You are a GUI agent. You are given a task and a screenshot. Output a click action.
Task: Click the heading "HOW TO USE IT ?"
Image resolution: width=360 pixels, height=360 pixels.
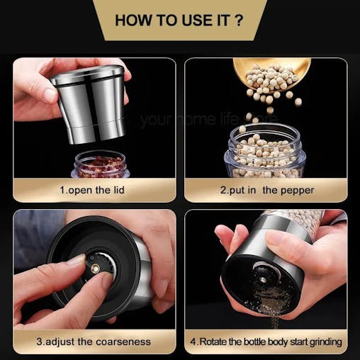tap(179, 19)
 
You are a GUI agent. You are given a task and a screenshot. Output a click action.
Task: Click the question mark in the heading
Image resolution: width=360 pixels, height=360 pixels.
tap(238, 19)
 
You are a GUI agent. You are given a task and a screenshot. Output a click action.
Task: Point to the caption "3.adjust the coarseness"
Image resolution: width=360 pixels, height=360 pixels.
tap(94, 342)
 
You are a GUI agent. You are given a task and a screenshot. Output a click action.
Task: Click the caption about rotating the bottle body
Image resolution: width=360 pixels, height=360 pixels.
tap(266, 342)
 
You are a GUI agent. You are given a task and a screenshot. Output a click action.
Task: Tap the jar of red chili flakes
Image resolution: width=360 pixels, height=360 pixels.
tap(101, 164)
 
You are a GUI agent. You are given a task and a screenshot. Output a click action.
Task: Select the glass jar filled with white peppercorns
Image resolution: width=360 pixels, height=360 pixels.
tap(265, 152)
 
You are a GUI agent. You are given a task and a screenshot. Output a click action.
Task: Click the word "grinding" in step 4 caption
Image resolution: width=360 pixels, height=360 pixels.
tap(321, 342)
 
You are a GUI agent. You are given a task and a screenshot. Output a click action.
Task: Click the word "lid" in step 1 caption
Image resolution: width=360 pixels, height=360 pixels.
tap(120, 190)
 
